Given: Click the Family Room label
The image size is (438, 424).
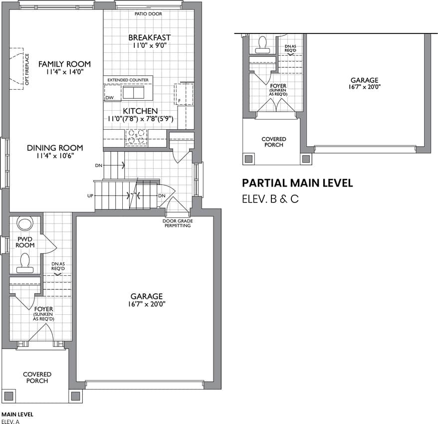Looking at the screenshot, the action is (64, 64).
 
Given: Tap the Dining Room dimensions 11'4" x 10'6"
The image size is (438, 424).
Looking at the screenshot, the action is (55, 156).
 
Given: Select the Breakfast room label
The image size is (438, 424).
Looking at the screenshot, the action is (150, 37).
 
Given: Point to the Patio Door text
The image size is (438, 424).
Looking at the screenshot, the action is (148, 13).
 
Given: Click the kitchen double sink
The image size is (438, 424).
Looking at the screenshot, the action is (134, 92).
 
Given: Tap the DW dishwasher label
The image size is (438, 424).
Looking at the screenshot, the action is (110, 97).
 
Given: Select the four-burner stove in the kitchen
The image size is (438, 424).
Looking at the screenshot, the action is (136, 137).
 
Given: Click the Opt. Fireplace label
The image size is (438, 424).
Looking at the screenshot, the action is (27, 69).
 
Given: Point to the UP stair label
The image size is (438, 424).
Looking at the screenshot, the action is (90, 196).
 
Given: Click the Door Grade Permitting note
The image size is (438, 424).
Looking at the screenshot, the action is (178, 223).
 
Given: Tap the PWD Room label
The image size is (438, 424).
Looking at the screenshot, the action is (25, 242).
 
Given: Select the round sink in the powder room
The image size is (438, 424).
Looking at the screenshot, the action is (25, 223).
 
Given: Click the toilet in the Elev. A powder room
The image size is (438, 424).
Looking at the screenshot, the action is (25, 263).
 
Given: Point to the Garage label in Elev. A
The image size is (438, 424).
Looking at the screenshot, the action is (147, 296).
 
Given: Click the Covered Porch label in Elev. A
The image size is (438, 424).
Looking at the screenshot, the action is (37, 377).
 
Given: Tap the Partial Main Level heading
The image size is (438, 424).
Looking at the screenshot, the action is (297, 183).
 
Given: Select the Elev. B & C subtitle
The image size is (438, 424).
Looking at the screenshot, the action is (270, 199).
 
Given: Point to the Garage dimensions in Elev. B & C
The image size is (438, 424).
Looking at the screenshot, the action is (365, 87).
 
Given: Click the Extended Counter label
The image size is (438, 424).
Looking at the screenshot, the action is (128, 80).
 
